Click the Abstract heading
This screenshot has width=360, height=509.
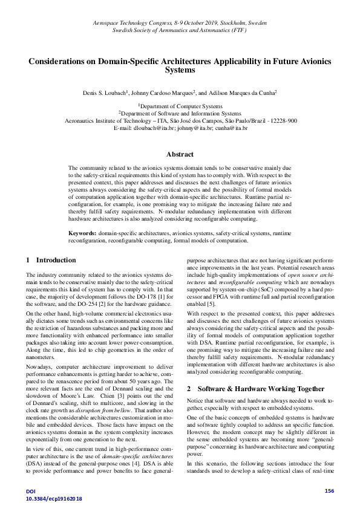tap(180, 154)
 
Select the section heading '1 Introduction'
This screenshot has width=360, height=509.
tap(51, 260)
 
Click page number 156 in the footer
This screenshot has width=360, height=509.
tap(329, 490)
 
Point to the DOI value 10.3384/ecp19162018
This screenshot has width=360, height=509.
tap(54, 498)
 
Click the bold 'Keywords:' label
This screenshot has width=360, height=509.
tap(82, 233)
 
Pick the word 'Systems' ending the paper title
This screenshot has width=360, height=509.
tap(180, 70)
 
